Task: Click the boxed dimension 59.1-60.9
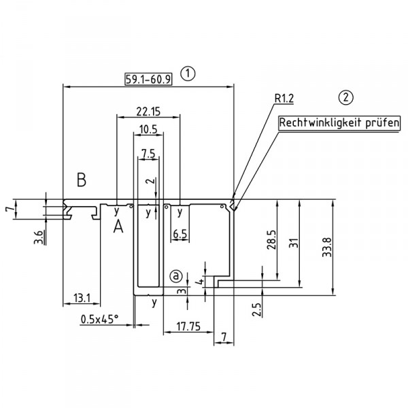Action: [x=148, y=78]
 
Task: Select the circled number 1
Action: [x=189, y=73]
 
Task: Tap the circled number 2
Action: [x=347, y=98]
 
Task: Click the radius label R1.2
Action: [x=284, y=99]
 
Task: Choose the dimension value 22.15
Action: [x=148, y=110]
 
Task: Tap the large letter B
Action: [x=82, y=180]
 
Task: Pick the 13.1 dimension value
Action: [x=80, y=298]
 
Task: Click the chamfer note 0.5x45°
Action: [x=99, y=318]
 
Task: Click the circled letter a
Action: [x=176, y=276]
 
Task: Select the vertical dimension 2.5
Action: [x=256, y=309]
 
